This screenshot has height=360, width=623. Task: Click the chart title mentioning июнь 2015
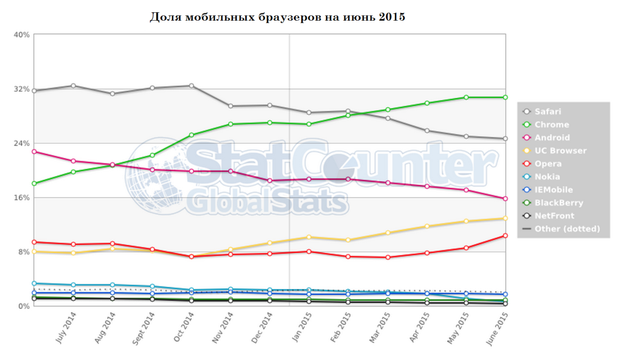(277, 16)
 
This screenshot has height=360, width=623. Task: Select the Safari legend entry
(548, 111)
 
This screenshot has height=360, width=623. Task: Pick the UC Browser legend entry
(560, 151)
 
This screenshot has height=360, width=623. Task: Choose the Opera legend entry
(548, 164)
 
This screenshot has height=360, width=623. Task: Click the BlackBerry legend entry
(559, 203)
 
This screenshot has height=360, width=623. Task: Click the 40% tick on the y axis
(22, 35)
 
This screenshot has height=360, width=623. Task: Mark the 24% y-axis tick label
(22, 144)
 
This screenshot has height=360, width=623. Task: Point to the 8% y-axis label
(24, 252)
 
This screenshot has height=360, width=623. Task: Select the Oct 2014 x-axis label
(183, 328)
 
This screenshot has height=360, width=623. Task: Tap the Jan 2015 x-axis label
(301, 328)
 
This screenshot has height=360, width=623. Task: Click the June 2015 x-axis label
(498, 328)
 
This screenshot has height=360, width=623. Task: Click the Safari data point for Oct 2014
(192, 86)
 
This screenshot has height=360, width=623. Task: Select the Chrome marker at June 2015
(506, 97)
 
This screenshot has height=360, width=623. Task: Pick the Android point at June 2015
(506, 198)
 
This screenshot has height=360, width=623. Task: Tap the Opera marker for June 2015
(506, 236)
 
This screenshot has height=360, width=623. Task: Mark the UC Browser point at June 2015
(506, 218)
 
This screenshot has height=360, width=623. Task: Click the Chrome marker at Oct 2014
(192, 135)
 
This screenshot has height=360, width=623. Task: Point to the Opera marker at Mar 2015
(388, 257)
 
